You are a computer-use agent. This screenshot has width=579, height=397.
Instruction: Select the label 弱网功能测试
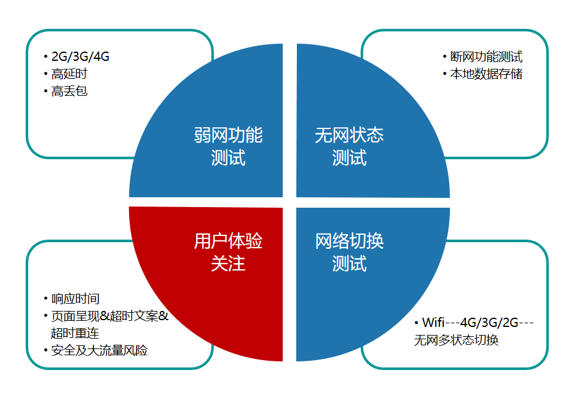pos(228,146)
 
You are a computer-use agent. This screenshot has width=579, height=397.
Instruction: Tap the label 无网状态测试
pos(349,146)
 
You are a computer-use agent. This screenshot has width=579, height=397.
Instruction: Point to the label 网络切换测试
pos(349,252)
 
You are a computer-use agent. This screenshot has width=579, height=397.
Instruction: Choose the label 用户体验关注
pos(228,252)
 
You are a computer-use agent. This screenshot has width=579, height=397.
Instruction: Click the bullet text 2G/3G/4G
pos(81,57)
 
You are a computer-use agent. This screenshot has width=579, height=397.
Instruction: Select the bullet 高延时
pos(69,74)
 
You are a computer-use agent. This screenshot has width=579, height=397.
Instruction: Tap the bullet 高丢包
pos(69,92)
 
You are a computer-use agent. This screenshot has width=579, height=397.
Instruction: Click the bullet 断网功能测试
pos(486,57)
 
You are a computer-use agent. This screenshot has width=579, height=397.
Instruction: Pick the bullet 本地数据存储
pos(486,74)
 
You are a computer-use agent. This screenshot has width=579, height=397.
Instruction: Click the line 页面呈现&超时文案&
pos(109,316)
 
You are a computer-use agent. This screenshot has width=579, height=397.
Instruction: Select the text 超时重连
pos(75,333)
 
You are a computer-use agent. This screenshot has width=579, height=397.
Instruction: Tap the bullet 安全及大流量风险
pos(99,350)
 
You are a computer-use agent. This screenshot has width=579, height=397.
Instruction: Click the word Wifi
pos(433,323)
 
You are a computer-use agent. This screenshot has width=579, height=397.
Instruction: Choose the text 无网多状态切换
pos(456,340)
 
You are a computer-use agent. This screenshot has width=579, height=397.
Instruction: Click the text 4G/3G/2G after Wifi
pos(490,323)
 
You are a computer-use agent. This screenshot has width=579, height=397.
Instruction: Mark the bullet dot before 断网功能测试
pos(445,57)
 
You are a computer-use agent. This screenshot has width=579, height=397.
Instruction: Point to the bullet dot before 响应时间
pos(46,299)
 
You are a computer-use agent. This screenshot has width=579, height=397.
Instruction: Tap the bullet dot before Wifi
pos(417,323)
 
